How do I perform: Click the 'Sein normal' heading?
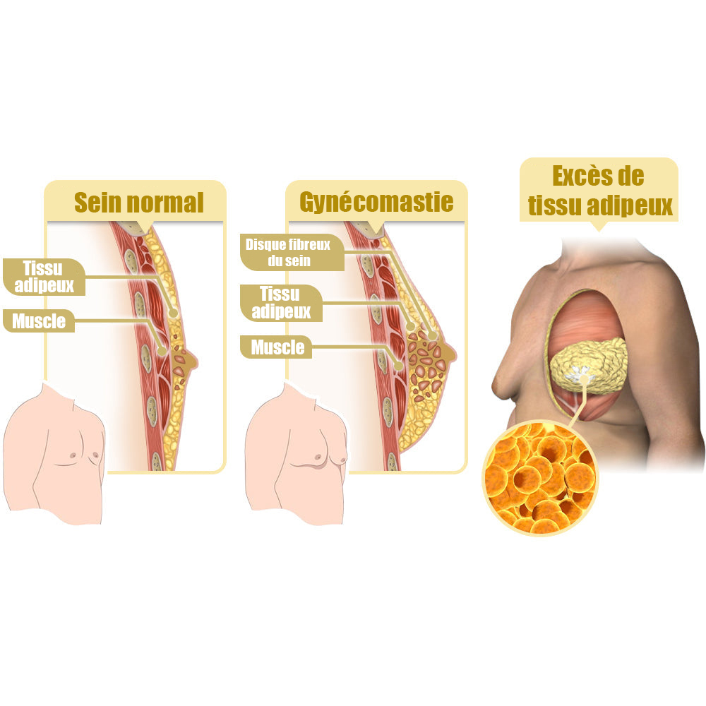pos(138,202)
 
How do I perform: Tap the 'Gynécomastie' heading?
pos(376,202)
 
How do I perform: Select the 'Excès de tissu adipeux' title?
pos(599,191)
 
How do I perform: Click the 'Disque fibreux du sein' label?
pos(288,252)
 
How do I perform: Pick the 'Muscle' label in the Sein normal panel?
pos(39,321)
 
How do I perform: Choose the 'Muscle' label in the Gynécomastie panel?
pos(277,347)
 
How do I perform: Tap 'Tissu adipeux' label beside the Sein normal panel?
pos(44,277)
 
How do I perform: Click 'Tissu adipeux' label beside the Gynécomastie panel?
pos(281,303)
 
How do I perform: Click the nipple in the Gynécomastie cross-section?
pos(450,352)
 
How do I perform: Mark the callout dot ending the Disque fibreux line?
pos(432,335)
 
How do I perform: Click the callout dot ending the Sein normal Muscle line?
pos(162,352)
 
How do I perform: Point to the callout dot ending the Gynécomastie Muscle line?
pos(398,366)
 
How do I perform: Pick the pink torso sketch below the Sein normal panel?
pos(54,454)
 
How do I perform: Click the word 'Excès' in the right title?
pos(577,176)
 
